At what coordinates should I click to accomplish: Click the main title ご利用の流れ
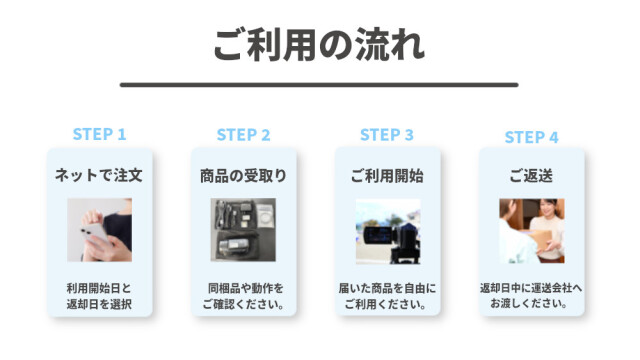pyautogui.click(x=319, y=45)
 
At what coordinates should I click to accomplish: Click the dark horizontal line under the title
pyautogui.click(x=319, y=85)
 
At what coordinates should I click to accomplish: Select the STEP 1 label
pyautogui.click(x=99, y=134)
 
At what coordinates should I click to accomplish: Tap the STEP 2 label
pyautogui.click(x=243, y=135)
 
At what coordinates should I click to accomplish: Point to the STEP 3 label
pyautogui.click(x=387, y=135)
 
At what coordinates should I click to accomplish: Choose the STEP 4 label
pyautogui.click(x=531, y=137)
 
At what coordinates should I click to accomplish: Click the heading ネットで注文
pyautogui.click(x=99, y=175)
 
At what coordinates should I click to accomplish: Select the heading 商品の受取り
pyautogui.click(x=243, y=176)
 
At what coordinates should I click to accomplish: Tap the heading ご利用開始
pyautogui.click(x=387, y=176)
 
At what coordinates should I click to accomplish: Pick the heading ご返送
pyautogui.click(x=531, y=176)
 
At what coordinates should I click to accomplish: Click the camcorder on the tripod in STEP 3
pyautogui.click(x=392, y=238)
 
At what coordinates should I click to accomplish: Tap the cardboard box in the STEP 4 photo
pyautogui.click(x=539, y=241)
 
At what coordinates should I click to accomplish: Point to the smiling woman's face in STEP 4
pyautogui.click(x=547, y=208)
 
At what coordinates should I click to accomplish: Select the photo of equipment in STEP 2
pyautogui.click(x=243, y=230)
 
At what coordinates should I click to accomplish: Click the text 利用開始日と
pyautogui.click(x=99, y=288)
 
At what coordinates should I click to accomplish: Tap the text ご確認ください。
pyautogui.click(x=244, y=304)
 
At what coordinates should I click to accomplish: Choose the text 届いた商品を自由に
pyautogui.click(x=387, y=288)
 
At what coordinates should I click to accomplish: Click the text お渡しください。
pyautogui.click(x=529, y=303)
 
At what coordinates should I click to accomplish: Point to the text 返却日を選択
pyautogui.click(x=99, y=304)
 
